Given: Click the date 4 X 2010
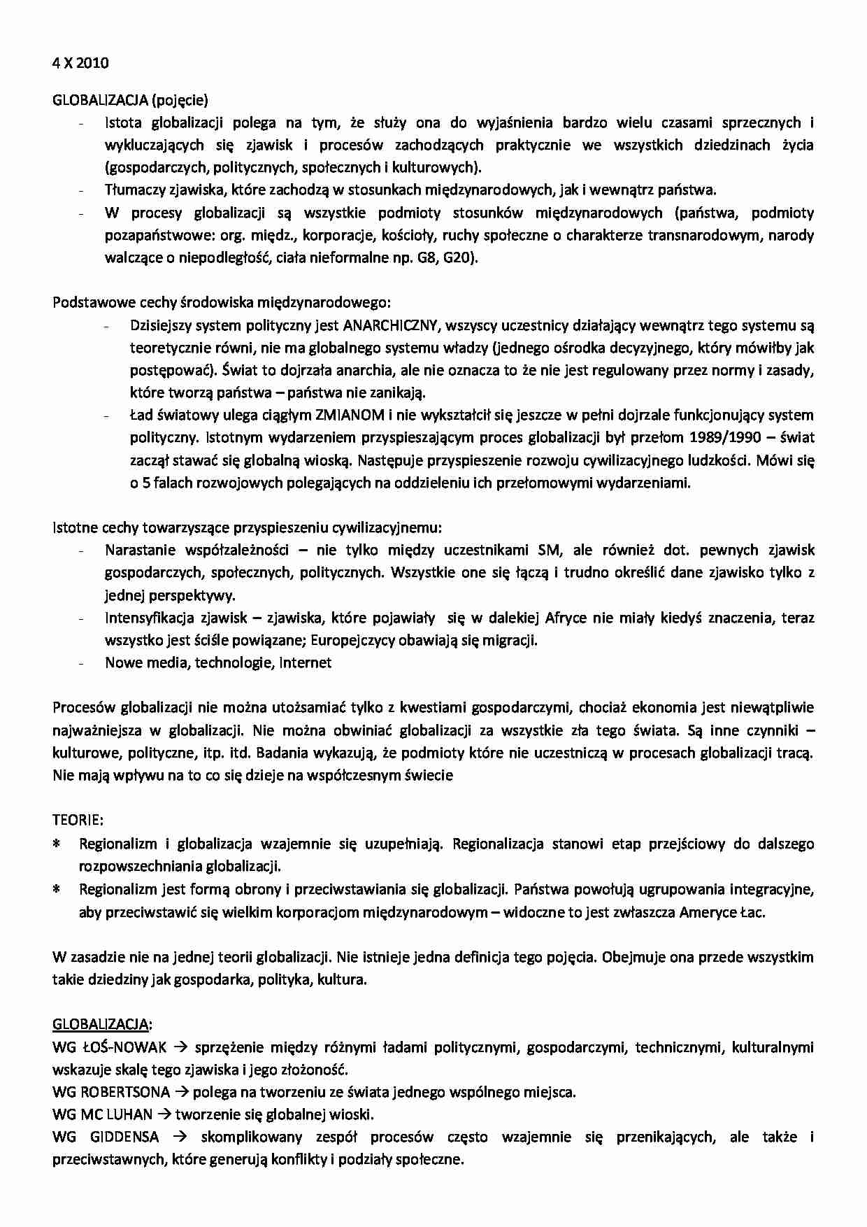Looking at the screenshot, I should pyautogui.click(x=80, y=63).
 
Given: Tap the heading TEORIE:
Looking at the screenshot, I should pyautogui.click(x=78, y=820).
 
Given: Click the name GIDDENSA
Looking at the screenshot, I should pyautogui.click(x=127, y=1137).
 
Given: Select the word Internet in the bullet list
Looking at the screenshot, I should pyautogui.click(x=306, y=662).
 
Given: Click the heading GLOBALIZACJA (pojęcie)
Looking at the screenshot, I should pyautogui.click(x=130, y=100).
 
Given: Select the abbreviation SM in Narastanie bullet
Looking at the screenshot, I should pyautogui.click(x=550, y=550).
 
